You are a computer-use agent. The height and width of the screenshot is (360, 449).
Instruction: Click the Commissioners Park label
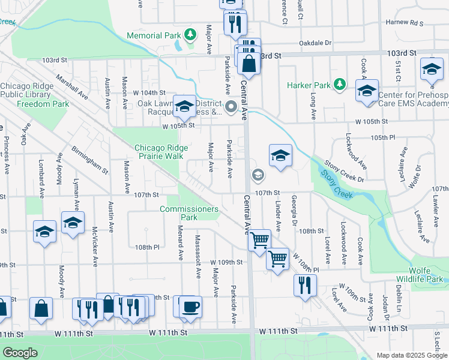coord(189,213)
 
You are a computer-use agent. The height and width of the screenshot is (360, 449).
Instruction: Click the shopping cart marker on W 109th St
coord(277,259)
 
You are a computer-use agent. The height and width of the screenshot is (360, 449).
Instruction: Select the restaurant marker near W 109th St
coord(305,284)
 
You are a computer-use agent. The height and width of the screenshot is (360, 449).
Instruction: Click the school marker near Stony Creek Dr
coord(280,156)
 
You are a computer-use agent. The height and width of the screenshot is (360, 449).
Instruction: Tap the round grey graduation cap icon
coord(258,175)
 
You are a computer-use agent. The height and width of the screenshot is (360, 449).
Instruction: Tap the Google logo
coord(19,353)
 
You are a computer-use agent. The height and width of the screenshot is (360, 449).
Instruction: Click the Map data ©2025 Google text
coord(411,355)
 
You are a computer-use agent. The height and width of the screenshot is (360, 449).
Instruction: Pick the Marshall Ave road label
coord(72,88)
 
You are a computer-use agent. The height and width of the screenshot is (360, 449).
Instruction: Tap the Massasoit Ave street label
coord(197,265)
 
